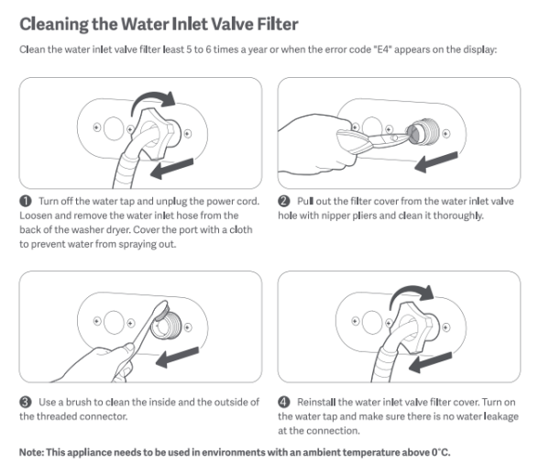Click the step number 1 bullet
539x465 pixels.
coord(26,201)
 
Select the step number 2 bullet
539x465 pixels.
coord(283,201)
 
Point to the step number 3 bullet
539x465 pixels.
coord(26,402)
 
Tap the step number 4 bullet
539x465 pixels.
coord(283,402)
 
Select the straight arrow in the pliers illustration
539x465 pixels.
coord(436,162)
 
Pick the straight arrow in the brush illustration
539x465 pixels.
coord(177,357)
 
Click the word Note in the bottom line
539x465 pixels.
coord(30,452)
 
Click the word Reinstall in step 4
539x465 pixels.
coord(316,402)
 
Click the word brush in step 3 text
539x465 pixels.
coord(78,402)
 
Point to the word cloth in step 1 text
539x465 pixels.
coord(241,229)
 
